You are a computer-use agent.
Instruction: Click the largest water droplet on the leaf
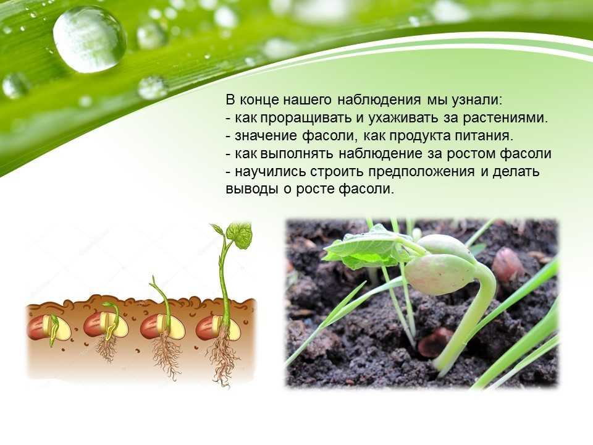point(89,39)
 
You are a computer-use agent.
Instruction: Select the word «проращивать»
point(306,118)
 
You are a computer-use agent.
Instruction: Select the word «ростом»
point(471,154)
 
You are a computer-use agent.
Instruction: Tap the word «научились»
point(270,171)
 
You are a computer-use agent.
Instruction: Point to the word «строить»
point(337,171)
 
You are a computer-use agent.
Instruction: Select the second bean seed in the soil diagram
point(106,326)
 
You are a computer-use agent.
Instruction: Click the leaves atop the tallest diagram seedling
point(232,235)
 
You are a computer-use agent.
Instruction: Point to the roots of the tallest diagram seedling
point(224,358)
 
